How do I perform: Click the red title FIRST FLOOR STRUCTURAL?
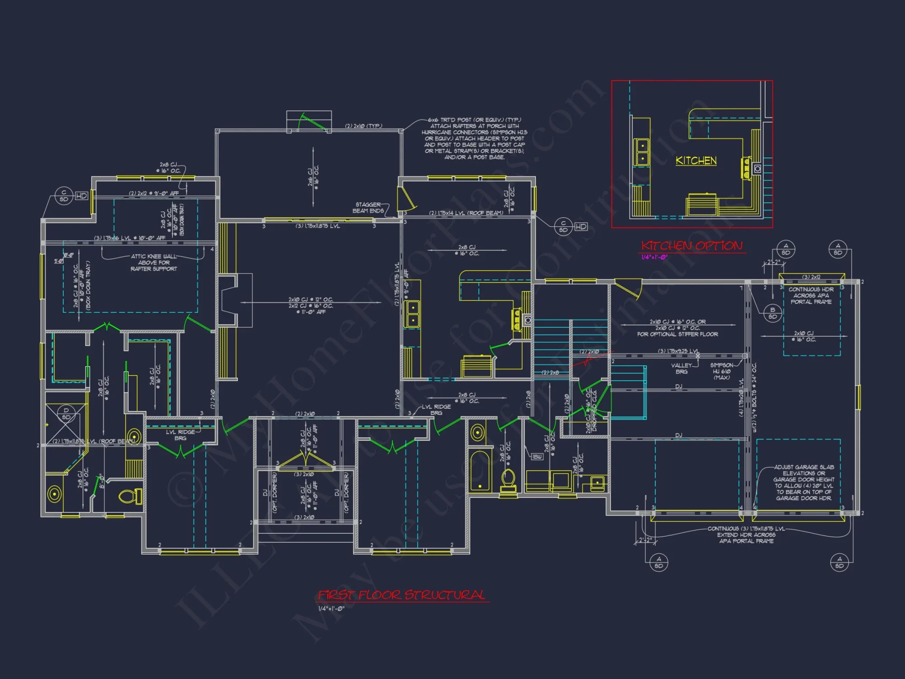pos(401,595)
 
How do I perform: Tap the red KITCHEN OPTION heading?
pos(692,246)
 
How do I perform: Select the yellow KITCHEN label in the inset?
pos(696,161)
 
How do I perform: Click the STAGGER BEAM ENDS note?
pos(368,208)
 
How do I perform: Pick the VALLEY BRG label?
pos(681,368)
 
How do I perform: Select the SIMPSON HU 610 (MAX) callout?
pos(721,371)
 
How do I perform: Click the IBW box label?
pos(537,457)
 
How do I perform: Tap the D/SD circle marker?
pos(66,414)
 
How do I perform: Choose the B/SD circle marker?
pos(772,313)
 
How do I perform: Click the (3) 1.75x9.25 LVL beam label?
pos(678,351)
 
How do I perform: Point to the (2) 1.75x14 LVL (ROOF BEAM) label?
pos(466,213)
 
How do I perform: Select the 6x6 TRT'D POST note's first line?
pos(474,120)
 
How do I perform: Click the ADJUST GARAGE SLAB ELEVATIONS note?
pos(804,483)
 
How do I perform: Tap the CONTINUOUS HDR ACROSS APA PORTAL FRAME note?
pos(811,296)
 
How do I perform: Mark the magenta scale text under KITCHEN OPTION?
pos(654,257)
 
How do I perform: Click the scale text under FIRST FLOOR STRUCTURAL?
pos(331,609)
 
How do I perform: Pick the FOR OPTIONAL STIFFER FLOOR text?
pos(677,335)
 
